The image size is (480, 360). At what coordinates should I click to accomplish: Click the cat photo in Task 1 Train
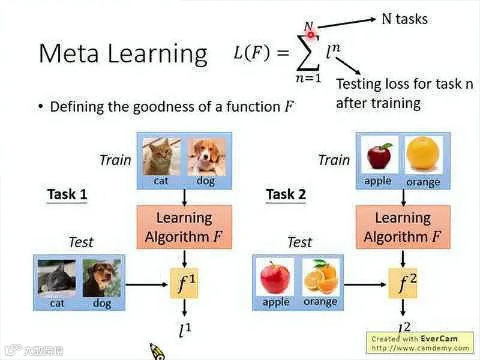pos(161,156)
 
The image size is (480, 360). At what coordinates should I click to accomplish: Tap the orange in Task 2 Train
pos(424,154)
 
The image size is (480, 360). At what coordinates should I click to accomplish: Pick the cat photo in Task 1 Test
pos(57,278)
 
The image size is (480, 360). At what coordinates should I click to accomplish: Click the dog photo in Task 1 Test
pos(101,278)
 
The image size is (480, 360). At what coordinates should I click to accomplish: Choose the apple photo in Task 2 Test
pos(275,277)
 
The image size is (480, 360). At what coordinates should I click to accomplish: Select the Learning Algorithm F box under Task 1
pos(184,227)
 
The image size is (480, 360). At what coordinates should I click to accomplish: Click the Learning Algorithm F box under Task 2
pos(403,227)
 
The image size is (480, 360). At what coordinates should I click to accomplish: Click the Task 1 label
pos(67,194)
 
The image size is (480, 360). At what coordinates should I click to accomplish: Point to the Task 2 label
pos(286,194)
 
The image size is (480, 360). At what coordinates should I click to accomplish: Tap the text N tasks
pos(405,19)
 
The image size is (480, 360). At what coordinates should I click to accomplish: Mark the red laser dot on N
pos(310,27)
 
